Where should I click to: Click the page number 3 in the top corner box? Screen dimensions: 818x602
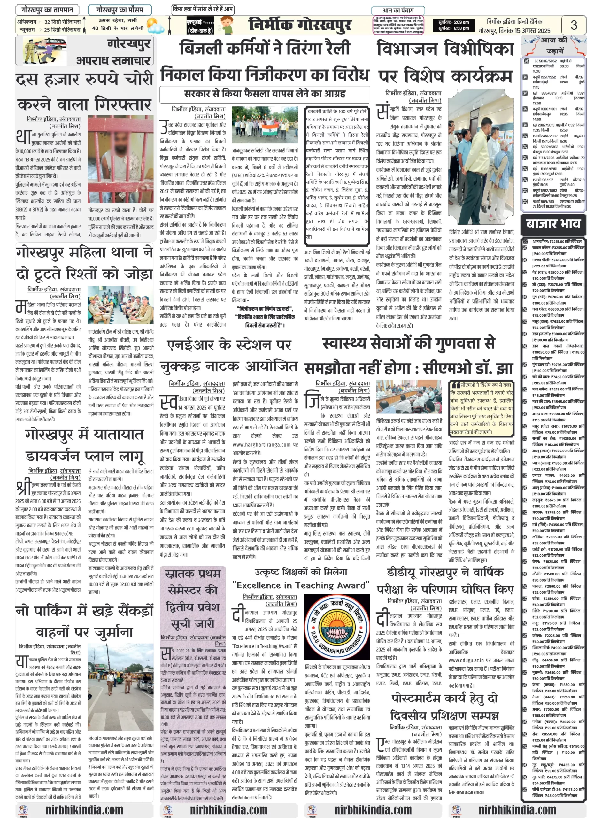(574, 25)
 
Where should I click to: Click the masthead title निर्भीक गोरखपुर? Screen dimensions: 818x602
(300, 25)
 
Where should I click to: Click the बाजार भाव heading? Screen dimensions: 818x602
(553, 223)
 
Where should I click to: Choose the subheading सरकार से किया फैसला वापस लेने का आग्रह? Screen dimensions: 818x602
(265, 94)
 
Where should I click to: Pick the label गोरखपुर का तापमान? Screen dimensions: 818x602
(47, 10)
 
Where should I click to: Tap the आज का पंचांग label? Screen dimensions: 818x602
(398, 11)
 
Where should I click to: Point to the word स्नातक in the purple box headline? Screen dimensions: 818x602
(193, 574)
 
